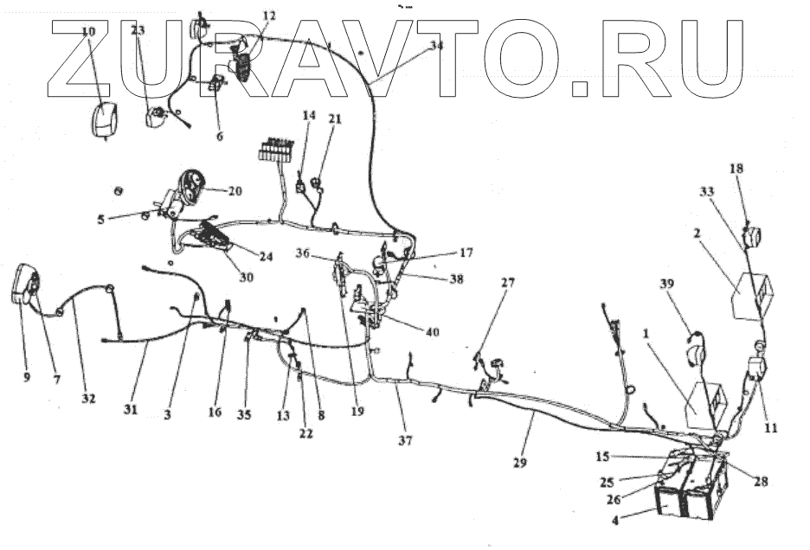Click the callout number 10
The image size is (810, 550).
[89, 32]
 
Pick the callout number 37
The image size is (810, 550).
[405, 440]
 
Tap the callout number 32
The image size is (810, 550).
[89, 399]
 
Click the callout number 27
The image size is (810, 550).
[507, 283]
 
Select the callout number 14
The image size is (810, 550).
[310, 116]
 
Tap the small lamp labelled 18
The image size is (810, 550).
[753, 234]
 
